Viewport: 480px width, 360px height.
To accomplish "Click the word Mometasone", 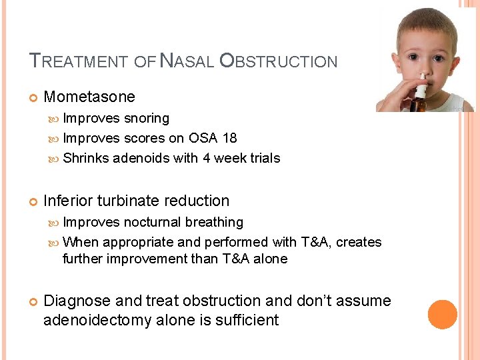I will [x=89, y=97].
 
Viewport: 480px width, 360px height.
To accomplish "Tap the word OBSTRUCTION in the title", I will [x=278, y=62].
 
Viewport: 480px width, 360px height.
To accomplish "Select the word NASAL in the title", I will [x=187, y=62].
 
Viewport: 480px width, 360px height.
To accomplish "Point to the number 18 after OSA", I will [x=229, y=138].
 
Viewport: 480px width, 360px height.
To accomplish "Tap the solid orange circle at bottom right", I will [x=442, y=315].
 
